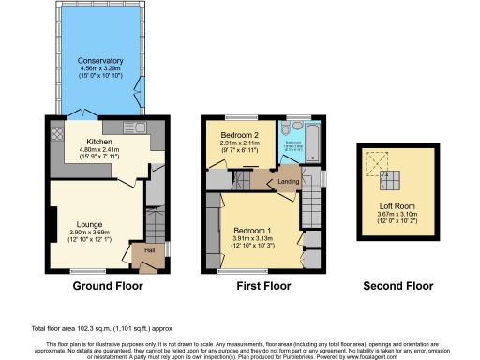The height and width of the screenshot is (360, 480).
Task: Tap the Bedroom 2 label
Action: coord(233,135)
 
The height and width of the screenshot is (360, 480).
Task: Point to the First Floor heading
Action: coord(262,284)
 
